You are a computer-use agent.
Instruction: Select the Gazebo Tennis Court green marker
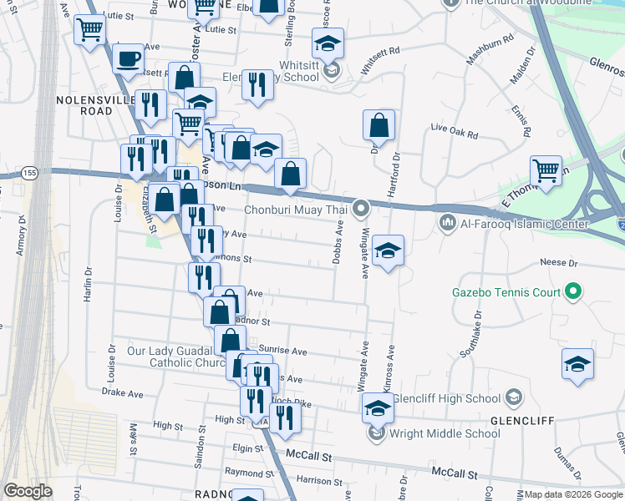click(x=572, y=292)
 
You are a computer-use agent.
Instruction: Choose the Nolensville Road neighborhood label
click(x=84, y=105)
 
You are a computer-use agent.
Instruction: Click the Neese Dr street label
click(x=559, y=262)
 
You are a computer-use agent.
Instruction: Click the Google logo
click(x=28, y=491)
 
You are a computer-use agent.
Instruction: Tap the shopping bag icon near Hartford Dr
click(x=379, y=125)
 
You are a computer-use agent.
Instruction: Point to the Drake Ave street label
click(x=123, y=392)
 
